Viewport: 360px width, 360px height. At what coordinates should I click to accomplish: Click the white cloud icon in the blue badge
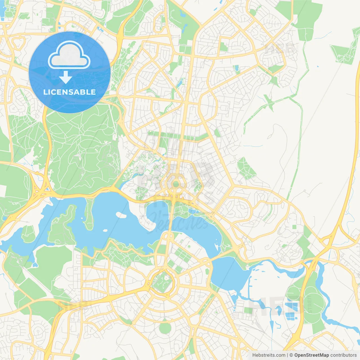(x=69, y=55)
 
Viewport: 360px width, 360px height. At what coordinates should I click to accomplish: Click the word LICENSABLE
(x=69, y=92)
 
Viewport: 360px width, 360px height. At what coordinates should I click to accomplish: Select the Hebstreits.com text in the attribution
(x=269, y=355)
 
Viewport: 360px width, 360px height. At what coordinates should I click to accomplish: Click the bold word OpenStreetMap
(x=312, y=355)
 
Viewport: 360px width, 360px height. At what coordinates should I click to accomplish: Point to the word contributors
(x=343, y=355)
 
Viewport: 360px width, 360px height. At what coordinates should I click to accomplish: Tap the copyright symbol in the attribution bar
(x=291, y=355)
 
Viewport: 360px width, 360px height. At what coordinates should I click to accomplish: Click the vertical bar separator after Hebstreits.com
(x=287, y=355)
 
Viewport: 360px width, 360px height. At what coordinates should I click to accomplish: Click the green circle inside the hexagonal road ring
(x=176, y=184)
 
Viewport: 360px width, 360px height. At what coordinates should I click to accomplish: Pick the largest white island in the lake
(x=121, y=215)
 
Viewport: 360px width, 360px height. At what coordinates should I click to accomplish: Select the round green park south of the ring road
(x=165, y=328)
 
